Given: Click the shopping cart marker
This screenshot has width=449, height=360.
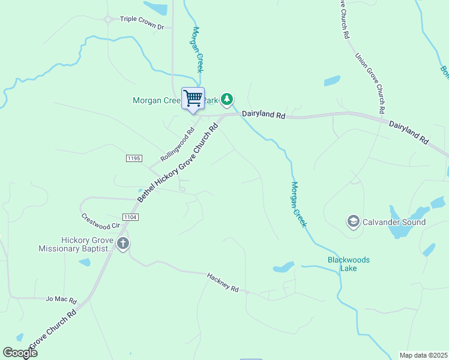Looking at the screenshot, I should pos(193,98).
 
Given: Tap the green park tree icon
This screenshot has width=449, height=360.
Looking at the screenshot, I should pos(226,98).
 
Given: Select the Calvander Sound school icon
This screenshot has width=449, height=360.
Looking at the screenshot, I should pos(354,222).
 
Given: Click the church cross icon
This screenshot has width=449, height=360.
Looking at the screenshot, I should pos(123,244).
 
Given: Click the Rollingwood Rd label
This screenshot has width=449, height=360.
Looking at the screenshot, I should pos(178,145).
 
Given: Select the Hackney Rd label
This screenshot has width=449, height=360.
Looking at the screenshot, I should pos(223,283).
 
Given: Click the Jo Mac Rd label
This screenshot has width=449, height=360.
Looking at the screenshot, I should pos(61,299).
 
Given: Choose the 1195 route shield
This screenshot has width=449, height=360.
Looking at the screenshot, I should pos(134,158).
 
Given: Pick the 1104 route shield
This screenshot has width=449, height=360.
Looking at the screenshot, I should pos(130,217).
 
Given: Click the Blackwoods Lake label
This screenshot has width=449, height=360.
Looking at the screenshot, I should pos(348,264).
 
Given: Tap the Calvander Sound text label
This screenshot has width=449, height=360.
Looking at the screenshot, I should pos(394,222).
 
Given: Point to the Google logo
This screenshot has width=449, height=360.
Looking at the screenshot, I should pos(20,353).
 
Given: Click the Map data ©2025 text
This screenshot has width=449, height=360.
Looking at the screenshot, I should pos(423,355).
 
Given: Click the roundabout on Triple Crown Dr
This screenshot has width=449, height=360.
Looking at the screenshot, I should pos(109,19).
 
